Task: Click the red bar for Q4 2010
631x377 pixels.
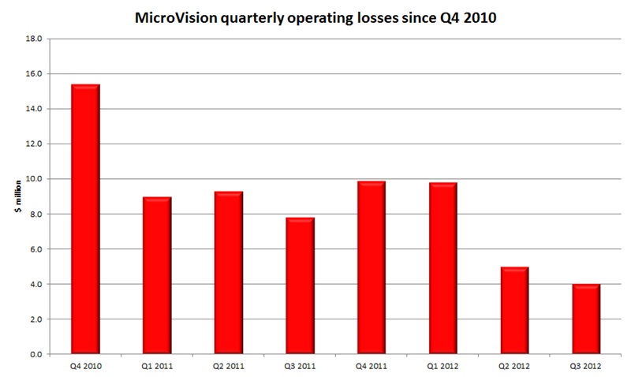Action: pyautogui.click(x=84, y=219)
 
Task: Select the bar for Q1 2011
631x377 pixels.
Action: pyautogui.click(x=156, y=275)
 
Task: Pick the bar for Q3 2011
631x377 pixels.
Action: pyautogui.click(x=299, y=286)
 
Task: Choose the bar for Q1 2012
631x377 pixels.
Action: pyautogui.click(x=442, y=268)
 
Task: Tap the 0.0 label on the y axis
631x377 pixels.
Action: pyautogui.click(x=35, y=354)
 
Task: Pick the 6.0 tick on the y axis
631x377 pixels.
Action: pyautogui.click(x=35, y=249)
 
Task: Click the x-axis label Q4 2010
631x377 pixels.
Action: pyautogui.click(x=84, y=366)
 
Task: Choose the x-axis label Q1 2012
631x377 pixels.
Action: pyautogui.click(x=442, y=366)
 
